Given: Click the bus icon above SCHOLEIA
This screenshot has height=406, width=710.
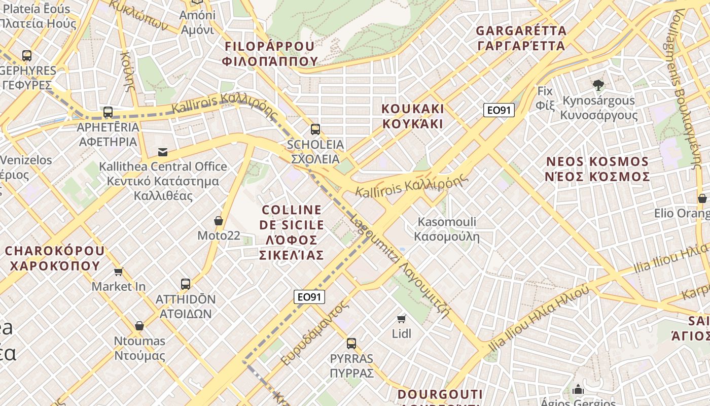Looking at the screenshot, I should coord(315,129).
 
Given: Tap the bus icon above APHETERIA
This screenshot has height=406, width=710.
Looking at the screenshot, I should coord(108,112).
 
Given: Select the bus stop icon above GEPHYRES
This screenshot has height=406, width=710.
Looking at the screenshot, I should coord(27,56).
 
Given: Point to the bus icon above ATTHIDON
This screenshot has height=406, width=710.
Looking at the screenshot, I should coord(186,284).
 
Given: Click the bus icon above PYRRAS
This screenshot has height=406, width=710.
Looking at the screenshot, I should coord(351,344).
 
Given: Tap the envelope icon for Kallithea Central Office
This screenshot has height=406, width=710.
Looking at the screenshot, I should coord(163,152).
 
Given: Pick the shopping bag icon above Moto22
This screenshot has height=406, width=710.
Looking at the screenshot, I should coord(219,221).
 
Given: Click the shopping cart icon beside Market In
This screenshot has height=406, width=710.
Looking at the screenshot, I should coord(119,272).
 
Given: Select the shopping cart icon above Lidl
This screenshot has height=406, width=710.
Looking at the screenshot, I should coord(402,319).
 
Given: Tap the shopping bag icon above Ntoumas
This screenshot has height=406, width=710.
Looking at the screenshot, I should coord(139,326).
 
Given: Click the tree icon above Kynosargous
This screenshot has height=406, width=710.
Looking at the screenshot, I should coord(598,85).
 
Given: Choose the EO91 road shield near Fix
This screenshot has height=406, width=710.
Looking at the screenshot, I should coord(499,110).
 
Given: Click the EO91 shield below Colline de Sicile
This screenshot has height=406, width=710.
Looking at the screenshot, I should coord(309,297).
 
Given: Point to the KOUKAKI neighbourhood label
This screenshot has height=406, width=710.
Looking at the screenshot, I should coord(413,116).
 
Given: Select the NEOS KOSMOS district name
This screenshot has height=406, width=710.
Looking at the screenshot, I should coord(598,169).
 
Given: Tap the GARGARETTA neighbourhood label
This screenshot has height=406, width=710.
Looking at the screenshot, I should coord(521,38).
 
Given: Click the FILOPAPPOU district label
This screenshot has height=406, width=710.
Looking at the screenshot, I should coord(270,54).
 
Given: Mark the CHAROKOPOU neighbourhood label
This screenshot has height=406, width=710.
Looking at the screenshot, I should coord(55,258).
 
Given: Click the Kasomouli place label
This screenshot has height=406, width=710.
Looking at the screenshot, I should coord(447,229).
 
